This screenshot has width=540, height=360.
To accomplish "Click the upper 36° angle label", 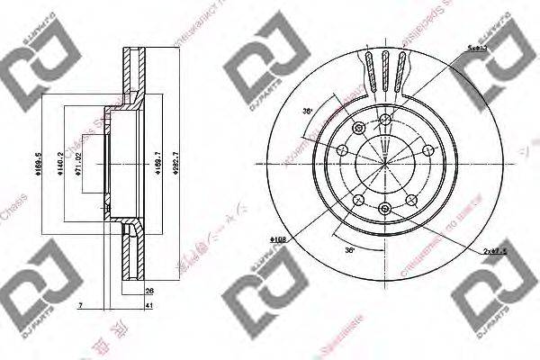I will coord(307,112).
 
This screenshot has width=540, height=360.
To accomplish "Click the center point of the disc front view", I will coord(384,164).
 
